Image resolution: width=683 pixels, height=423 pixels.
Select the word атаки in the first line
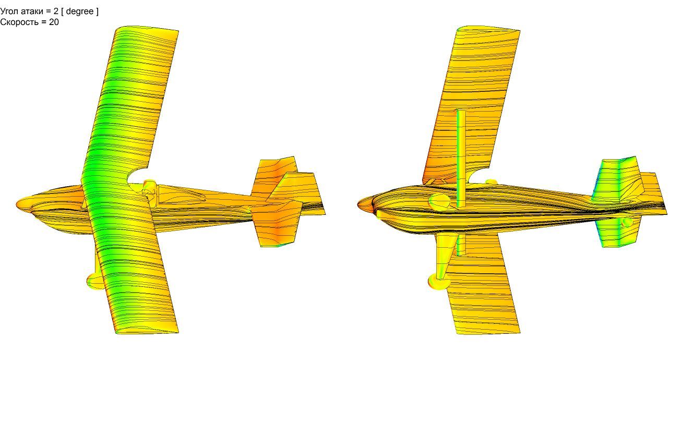pyautogui.click(x=33, y=11)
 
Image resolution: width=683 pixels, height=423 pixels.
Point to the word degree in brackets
pyautogui.click(x=80, y=11)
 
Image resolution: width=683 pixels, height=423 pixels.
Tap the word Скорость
pyautogui.click(x=19, y=22)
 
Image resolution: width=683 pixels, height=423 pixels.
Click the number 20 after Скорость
pyautogui.click(x=54, y=22)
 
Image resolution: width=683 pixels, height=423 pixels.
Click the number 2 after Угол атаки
pyautogui.click(x=56, y=11)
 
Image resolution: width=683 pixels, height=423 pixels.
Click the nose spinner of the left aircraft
pyautogui.click(x=23, y=205)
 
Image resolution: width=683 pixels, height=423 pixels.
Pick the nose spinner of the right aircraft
pyautogui.click(x=365, y=204)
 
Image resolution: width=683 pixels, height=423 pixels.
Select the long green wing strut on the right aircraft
pyautogui.click(x=461, y=159)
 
